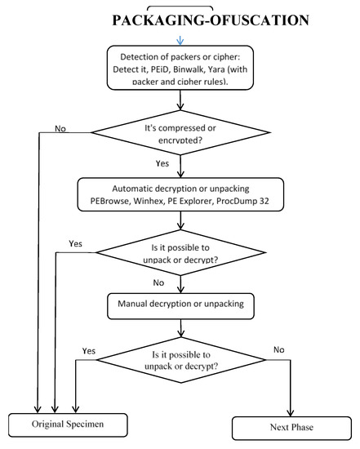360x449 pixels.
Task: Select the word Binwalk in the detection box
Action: [217, 70]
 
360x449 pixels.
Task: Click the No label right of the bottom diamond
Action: [280, 349]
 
